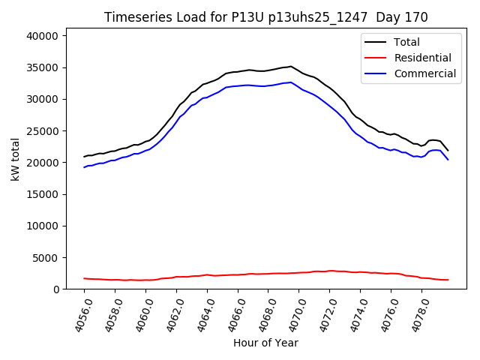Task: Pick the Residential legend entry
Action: [x=423, y=58]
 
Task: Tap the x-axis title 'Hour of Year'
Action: [x=265, y=343]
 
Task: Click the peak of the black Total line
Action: [x=291, y=66]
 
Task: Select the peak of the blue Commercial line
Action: [x=291, y=82]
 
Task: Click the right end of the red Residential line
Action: [x=448, y=280]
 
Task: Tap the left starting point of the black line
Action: [x=84, y=157]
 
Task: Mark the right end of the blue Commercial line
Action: [x=448, y=159]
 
